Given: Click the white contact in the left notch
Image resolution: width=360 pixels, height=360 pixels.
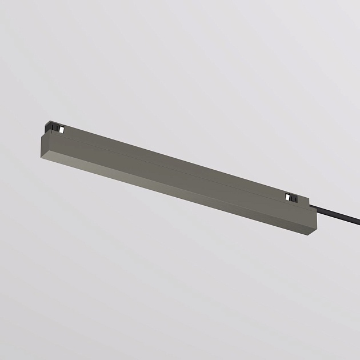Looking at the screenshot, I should (58, 131).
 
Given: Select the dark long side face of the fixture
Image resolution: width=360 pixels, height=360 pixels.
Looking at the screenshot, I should (171, 171).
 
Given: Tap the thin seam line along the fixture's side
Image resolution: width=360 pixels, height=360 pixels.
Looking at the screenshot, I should (171, 162).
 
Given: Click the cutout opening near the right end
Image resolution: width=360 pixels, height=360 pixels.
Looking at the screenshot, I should (291, 197).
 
